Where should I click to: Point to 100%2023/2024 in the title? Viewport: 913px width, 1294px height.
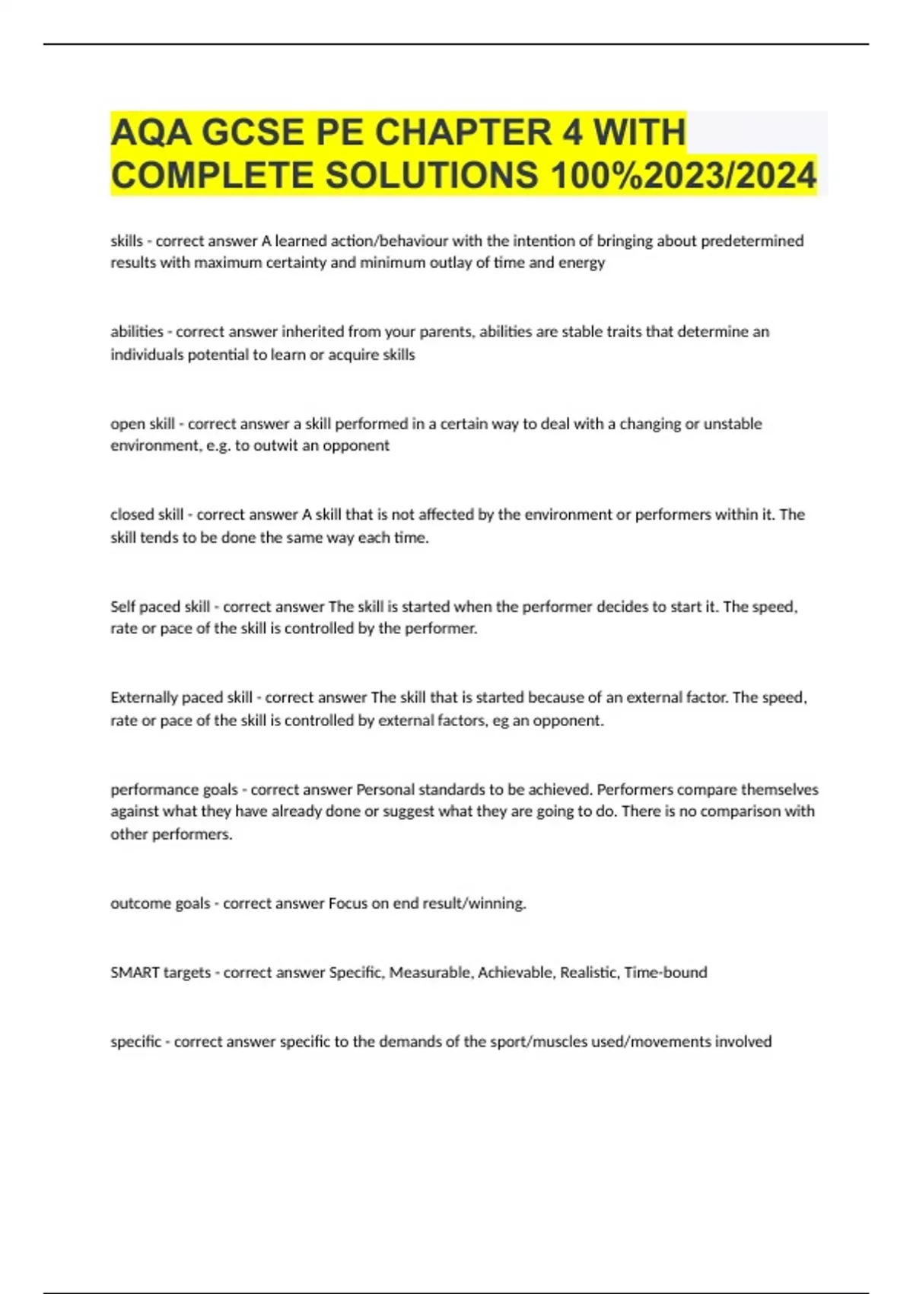click(683, 175)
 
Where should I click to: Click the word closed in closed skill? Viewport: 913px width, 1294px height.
click(132, 515)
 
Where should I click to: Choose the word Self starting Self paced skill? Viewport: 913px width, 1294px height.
click(122, 607)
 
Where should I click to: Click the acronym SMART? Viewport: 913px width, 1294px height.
click(135, 972)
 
